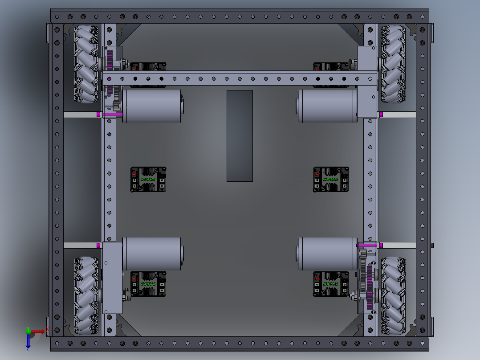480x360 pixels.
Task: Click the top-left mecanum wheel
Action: coord(86,64)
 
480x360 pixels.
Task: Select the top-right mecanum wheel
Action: coord(393,64)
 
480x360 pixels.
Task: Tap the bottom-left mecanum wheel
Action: coord(86,295)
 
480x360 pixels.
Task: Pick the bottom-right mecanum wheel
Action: coord(393,295)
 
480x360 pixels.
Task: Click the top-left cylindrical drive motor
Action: coord(151,106)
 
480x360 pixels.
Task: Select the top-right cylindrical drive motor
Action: coord(327,106)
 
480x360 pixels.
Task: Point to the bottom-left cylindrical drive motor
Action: coord(151,254)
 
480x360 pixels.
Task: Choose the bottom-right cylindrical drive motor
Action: coord(327,254)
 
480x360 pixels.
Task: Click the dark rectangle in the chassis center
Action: coord(240,135)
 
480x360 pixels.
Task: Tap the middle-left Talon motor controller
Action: coord(148,180)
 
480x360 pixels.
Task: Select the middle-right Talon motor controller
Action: coord(331,180)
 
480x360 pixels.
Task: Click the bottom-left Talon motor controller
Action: coord(148,284)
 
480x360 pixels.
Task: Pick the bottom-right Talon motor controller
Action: coord(331,284)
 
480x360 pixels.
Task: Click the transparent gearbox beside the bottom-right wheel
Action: coord(368,278)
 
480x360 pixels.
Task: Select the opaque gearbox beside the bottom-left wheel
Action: coord(112,278)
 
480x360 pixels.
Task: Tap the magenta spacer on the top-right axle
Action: coord(381,115)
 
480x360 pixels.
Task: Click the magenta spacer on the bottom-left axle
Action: coord(98,245)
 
